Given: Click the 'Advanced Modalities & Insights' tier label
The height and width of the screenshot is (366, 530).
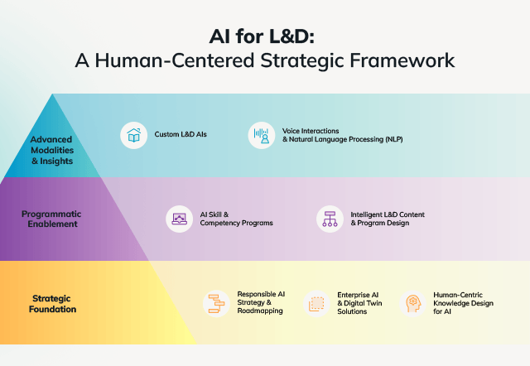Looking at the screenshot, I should (x=51, y=150).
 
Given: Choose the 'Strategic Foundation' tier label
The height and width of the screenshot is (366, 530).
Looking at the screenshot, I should (x=54, y=303).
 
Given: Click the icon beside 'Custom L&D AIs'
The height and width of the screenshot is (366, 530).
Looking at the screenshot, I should (x=132, y=136).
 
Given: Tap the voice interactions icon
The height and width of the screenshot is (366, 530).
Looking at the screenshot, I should (x=262, y=136).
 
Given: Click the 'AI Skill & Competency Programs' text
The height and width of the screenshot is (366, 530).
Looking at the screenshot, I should (x=237, y=219).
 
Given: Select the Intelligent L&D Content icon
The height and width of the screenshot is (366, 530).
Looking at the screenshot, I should (x=330, y=219).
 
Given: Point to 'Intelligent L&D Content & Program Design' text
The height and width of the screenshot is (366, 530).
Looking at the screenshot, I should (x=388, y=219).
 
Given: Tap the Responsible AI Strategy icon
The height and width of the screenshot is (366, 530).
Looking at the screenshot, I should (x=217, y=303).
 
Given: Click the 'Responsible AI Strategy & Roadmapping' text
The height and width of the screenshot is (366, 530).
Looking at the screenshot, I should (x=261, y=302).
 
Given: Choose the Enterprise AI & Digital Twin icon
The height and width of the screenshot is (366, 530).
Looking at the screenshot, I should (x=316, y=304).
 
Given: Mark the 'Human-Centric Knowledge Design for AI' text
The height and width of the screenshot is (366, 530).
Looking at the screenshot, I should (x=463, y=302).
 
